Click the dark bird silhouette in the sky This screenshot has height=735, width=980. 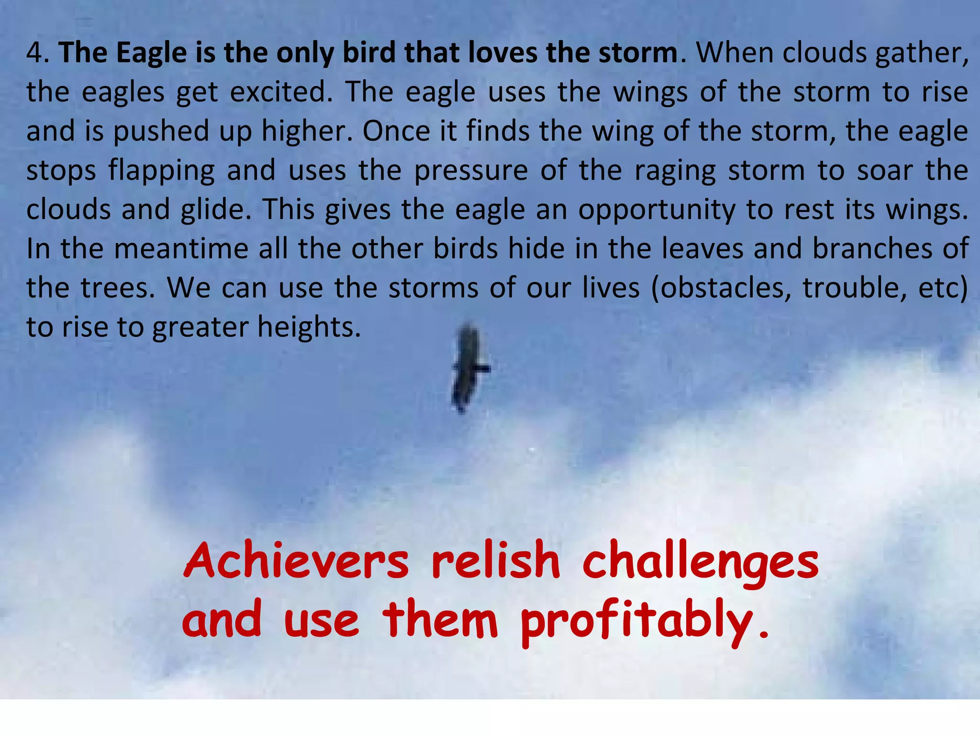tap(468, 368)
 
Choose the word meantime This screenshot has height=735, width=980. tap(181, 249)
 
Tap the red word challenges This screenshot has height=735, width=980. tap(701, 562)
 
